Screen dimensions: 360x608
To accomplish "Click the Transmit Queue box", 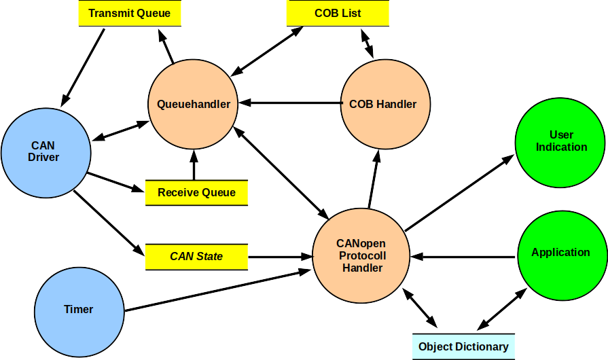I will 129,13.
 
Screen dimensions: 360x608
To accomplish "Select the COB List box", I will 338,13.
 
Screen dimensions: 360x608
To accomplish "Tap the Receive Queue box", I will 196,193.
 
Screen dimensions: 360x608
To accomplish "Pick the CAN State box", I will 196,257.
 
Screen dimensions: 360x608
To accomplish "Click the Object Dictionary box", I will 463,347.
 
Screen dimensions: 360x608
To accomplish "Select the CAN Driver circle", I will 45,151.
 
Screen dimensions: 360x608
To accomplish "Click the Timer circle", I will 78,310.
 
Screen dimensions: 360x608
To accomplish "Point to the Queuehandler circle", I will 193,105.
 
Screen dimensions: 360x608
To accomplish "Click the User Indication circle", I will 561,141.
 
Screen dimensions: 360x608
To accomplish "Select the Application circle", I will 561,253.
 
